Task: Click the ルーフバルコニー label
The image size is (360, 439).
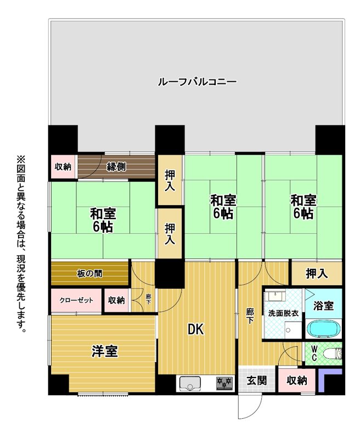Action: [x=198, y=82]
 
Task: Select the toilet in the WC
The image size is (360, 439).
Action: [x=333, y=353]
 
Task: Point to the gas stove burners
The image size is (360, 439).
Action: [x=224, y=383]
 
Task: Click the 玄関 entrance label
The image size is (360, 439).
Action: [x=256, y=380]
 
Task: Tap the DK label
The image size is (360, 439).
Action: [x=196, y=329]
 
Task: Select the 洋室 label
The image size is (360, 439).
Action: [x=105, y=351]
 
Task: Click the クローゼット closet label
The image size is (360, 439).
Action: [x=76, y=300]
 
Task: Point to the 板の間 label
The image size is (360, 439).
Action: [x=89, y=273]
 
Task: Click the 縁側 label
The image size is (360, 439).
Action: [x=116, y=167]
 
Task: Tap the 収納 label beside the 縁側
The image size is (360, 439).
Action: [x=63, y=167]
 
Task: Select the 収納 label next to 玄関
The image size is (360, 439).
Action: [x=297, y=380]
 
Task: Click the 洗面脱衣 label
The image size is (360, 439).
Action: [x=283, y=313]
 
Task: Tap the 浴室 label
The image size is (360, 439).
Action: [x=323, y=306]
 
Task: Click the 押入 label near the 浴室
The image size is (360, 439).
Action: [x=317, y=273]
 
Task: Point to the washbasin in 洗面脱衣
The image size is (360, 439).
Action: [x=275, y=295]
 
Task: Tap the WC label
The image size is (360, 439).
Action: [x=314, y=353]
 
